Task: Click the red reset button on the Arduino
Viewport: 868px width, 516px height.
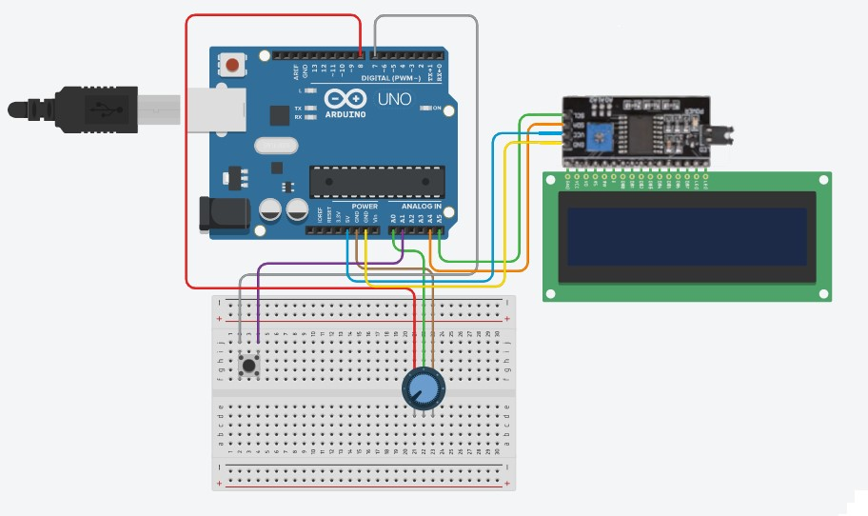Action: coord(231,66)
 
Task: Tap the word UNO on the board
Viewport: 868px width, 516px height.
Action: coord(394,99)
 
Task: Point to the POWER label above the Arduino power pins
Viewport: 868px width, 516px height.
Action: coord(365,206)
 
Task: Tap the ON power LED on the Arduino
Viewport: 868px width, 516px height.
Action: coord(426,109)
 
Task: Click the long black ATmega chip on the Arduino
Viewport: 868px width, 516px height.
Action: coord(378,180)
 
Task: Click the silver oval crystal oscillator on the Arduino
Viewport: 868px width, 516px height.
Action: coord(277,147)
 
